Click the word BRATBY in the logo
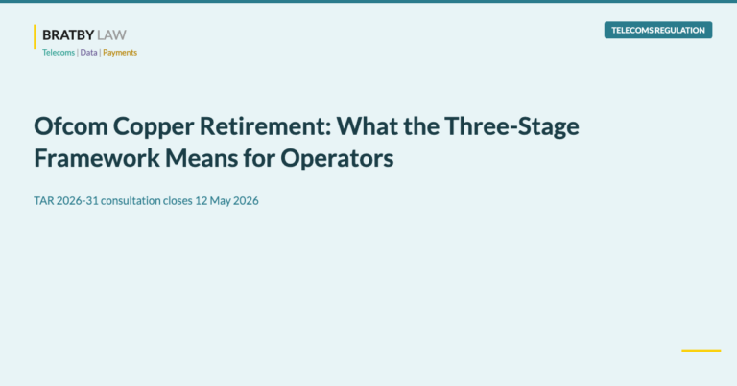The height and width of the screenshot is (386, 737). click(61, 35)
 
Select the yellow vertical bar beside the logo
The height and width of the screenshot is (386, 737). click(36, 36)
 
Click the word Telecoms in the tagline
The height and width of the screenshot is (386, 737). click(59, 53)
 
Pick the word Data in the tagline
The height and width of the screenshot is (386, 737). click(88, 53)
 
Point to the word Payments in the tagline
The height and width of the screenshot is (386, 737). click(120, 53)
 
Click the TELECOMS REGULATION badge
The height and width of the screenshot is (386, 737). click(658, 30)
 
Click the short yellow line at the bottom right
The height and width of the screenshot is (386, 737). click(701, 351)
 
